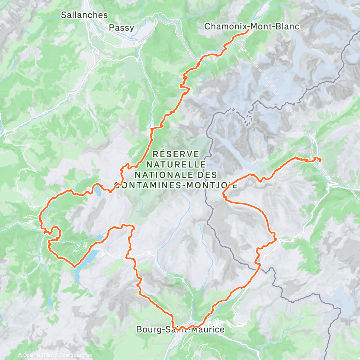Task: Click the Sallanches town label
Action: [x=84, y=15]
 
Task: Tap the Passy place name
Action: [x=122, y=27]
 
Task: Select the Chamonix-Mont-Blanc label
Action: [x=252, y=26]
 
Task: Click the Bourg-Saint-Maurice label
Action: [x=180, y=329]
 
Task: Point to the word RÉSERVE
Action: [x=176, y=154]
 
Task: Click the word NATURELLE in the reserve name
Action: [x=176, y=165]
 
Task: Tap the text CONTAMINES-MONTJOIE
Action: [x=176, y=185]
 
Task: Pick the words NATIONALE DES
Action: [x=176, y=175]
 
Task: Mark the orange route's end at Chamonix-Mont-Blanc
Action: [x=248, y=31]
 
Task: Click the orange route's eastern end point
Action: [x=320, y=162]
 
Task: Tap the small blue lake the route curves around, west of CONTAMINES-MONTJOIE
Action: [x=98, y=190]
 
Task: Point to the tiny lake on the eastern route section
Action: [x=258, y=260]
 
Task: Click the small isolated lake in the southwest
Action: [x=50, y=302]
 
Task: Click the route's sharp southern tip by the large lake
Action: [x=74, y=267]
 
